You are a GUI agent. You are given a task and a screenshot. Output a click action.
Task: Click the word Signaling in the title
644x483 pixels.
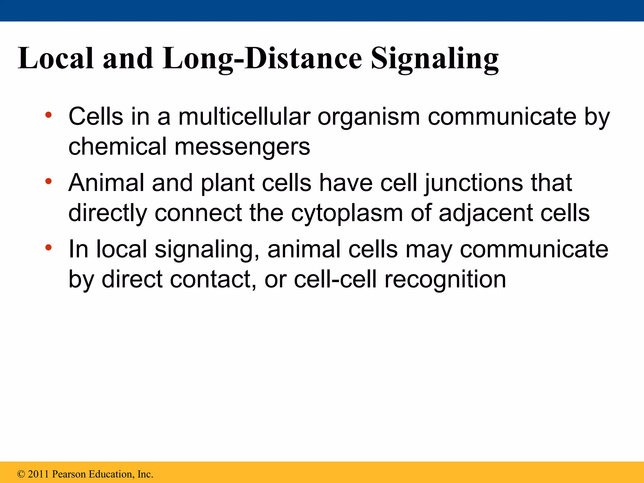pyautogui.click(x=435, y=59)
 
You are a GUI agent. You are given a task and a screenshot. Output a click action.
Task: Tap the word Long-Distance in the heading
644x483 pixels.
pyautogui.click(x=262, y=59)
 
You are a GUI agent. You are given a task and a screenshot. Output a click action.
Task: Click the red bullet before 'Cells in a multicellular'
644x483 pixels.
pyautogui.click(x=48, y=115)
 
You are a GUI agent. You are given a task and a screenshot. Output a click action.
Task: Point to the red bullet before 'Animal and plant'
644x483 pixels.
pyautogui.click(x=48, y=181)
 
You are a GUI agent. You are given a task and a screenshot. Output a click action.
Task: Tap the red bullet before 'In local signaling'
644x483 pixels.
pyautogui.click(x=48, y=247)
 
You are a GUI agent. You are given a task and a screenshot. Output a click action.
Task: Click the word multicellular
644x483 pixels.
pyautogui.click(x=244, y=117)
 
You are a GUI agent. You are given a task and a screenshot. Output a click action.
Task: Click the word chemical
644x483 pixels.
pyautogui.click(x=117, y=147)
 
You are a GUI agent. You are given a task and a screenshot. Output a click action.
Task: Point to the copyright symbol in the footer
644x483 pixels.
pyautogui.click(x=21, y=474)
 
